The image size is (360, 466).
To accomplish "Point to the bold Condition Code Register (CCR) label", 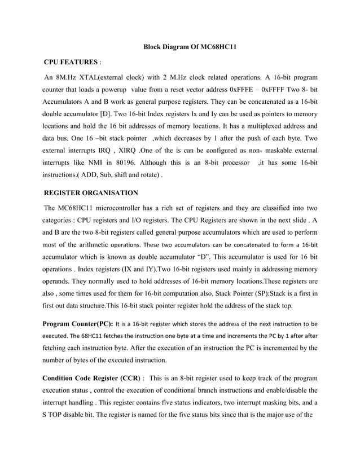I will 90,377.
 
